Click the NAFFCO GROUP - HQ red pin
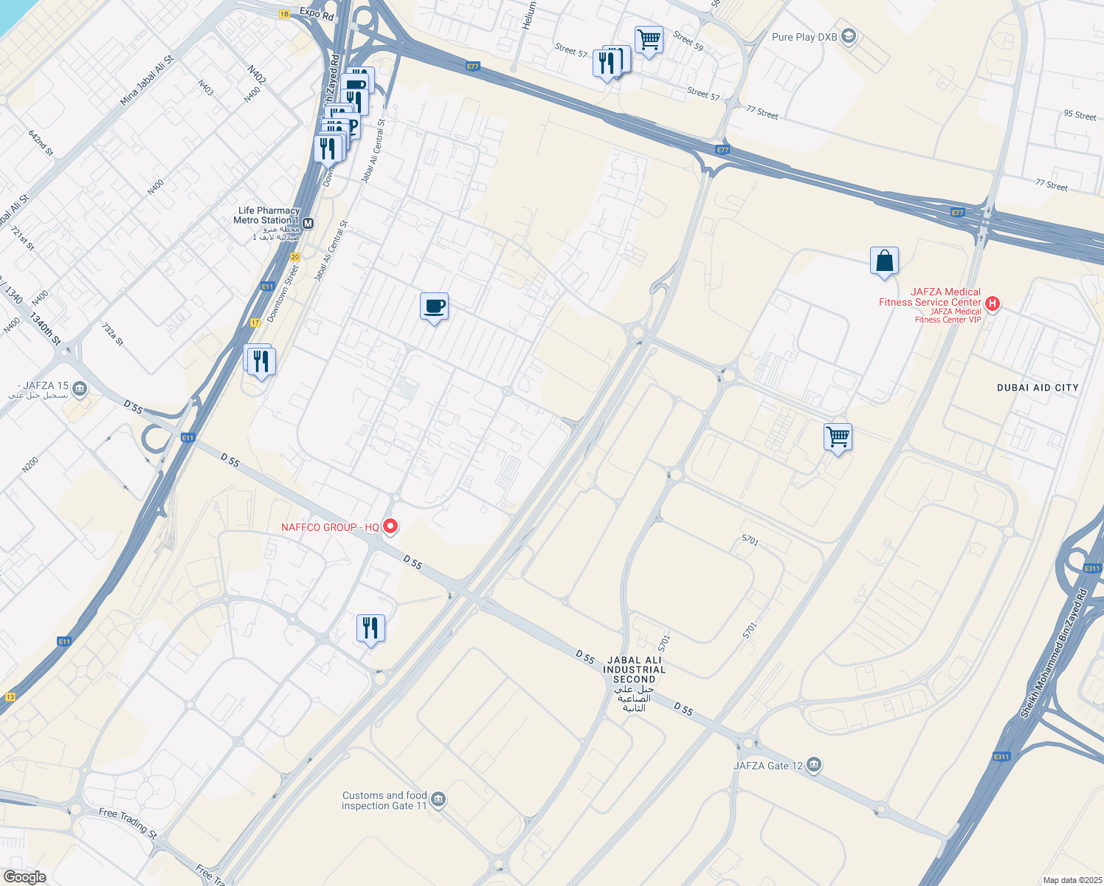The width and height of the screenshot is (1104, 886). [x=390, y=526]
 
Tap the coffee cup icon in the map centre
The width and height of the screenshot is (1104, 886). [x=435, y=306]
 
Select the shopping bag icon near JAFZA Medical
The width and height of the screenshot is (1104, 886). [x=884, y=261]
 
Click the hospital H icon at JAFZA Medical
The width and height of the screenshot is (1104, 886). [x=993, y=303]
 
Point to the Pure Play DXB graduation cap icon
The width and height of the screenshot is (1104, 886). [x=849, y=37]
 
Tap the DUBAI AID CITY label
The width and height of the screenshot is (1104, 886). [x=1038, y=388]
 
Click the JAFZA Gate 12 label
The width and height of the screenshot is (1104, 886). [x=768, y=766]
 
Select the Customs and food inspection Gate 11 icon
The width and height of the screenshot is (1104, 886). [x=438, y=800]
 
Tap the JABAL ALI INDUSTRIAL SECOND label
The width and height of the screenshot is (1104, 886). [x=634, y=670]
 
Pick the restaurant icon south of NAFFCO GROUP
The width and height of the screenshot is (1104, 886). [x=370, y=628]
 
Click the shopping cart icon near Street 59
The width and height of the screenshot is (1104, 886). [x=649, y=40]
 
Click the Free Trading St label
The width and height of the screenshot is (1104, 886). [x=128, y=823]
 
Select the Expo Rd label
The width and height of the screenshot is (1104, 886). [x=317, y=13]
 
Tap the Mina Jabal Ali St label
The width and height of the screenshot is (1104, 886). [x=148, y=80]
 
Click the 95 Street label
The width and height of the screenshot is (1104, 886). [x=1080, y=115]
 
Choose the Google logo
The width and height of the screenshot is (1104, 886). [x=24, y=877]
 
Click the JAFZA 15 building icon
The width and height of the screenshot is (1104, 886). [x=80, y=389]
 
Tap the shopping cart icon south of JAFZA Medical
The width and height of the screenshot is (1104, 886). [x=838, y=437]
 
